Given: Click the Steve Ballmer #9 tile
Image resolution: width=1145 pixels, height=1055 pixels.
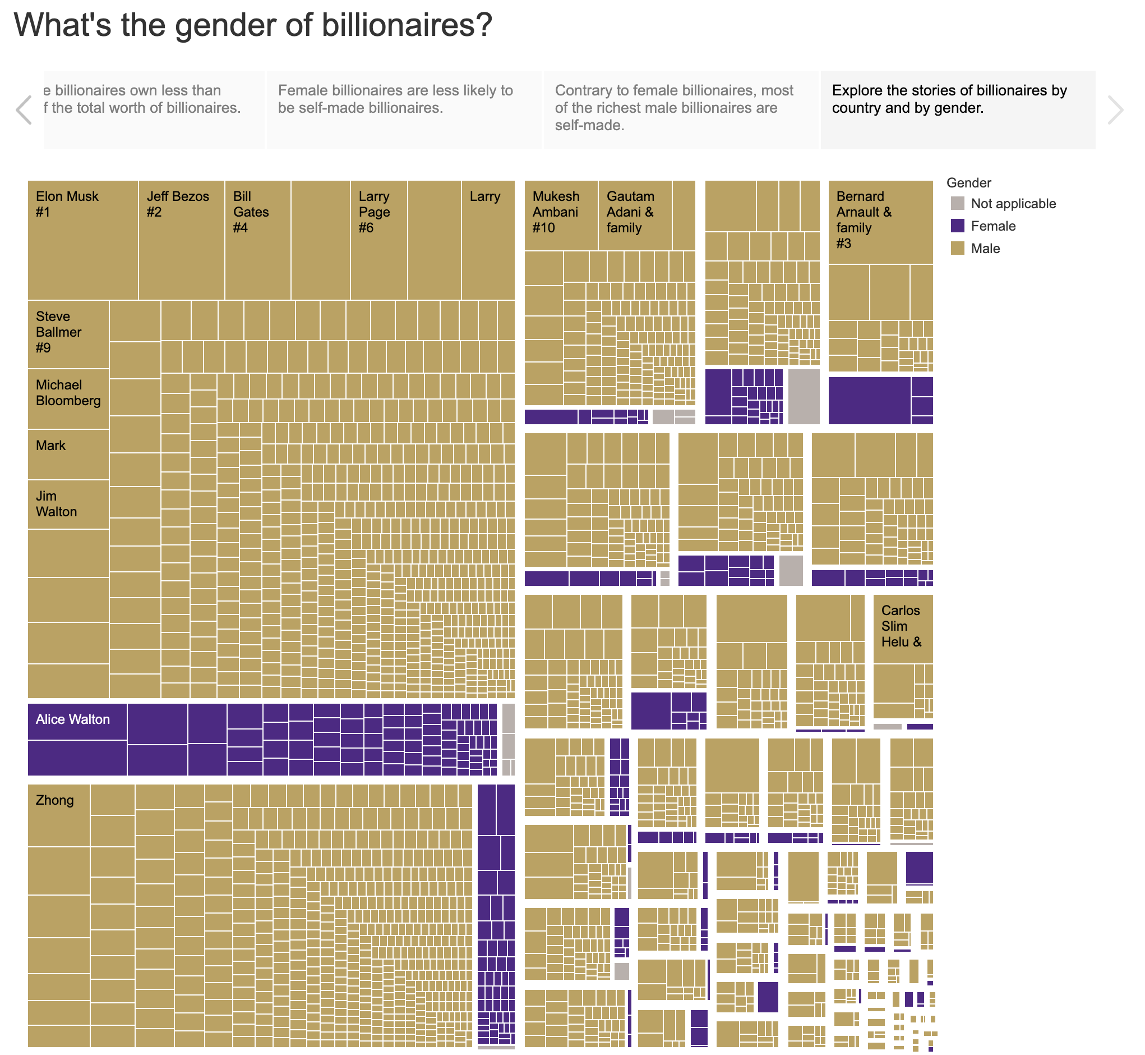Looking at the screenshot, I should pyautogui.click(x=68, y=334).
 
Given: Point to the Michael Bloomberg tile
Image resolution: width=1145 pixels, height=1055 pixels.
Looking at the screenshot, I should pyautogui.click(x=68, y=399).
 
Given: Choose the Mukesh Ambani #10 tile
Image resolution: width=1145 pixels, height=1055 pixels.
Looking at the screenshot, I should pyautogui.click(x=561, y=216).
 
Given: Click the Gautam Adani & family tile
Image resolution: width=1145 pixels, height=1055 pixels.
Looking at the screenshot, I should pyautogui.click(x=635, y=216).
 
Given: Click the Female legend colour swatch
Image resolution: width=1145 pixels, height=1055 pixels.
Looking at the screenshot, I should pyautogui.click(x=958, y=226).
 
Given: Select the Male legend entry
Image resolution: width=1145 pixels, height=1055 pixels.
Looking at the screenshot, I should pyautogui.click(x=985, y=249).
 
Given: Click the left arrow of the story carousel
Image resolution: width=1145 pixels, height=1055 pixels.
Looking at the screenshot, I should pyautogui.click(x=24, y=110).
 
